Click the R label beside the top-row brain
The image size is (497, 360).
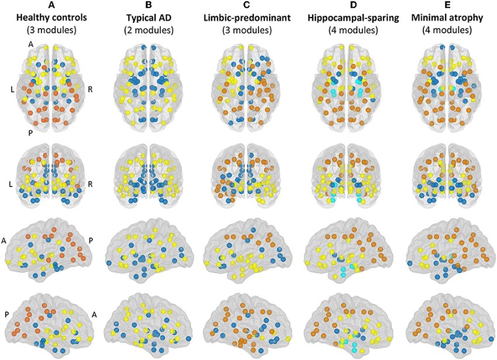tap(91, 89)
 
